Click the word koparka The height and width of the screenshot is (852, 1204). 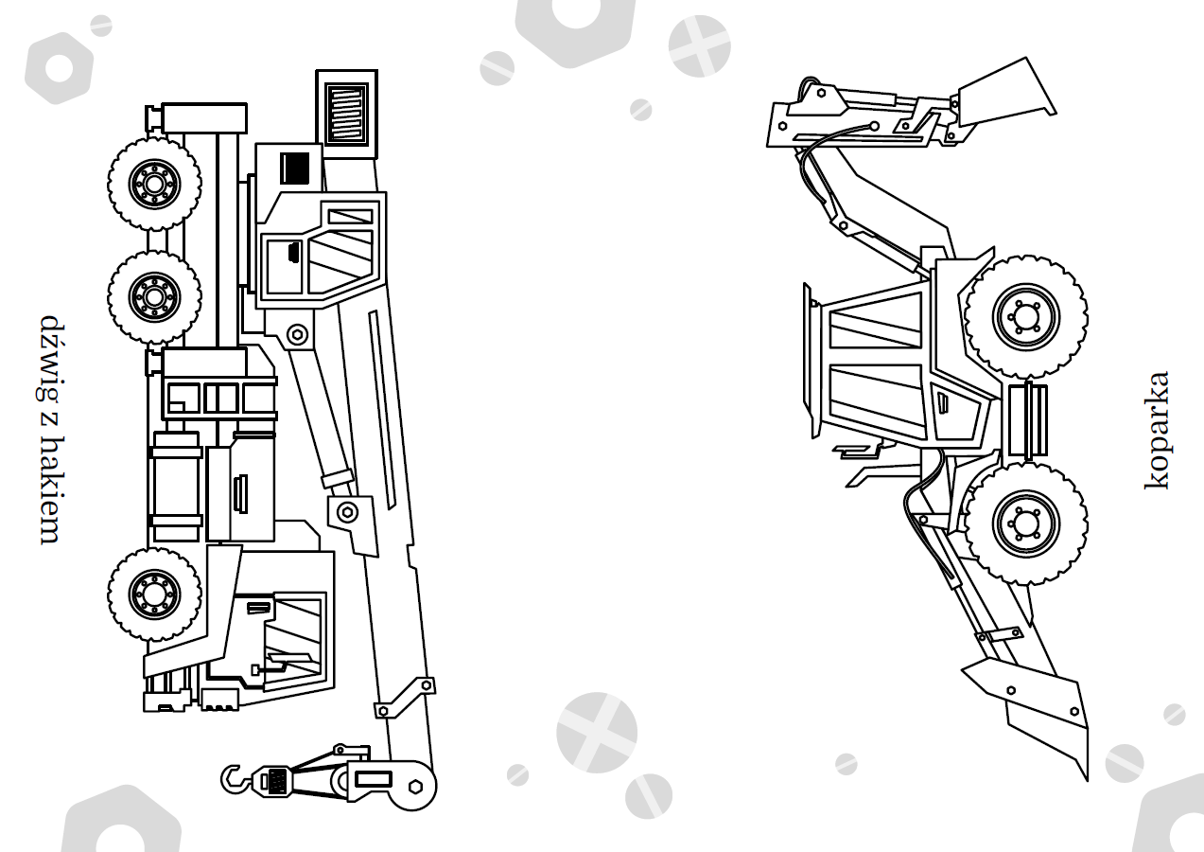(x=1156, y=431)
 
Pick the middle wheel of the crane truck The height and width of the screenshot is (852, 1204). (x=154, y=296)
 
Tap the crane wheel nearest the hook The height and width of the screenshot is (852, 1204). (x=154, y=594)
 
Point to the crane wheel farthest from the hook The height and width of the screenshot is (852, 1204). (x=154, y=184)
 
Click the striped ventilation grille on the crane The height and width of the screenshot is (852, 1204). (x=347, y=114)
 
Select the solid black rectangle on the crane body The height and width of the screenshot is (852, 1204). (x=295, y=168)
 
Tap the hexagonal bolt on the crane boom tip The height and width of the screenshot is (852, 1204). (x=415, y=787)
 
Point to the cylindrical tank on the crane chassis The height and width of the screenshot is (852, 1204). (x=175, y=487)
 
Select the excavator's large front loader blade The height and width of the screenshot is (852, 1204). (x=1032, y=716)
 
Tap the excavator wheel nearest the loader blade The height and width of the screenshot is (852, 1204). (x=1025, y=523)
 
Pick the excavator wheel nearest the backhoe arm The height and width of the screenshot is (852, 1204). (x=1025, y=316)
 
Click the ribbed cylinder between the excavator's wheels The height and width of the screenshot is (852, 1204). (x=1027, y=420)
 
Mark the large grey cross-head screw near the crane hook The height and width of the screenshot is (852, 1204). (x=597, y=733)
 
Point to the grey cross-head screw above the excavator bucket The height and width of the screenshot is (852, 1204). (x=700, y=46)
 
